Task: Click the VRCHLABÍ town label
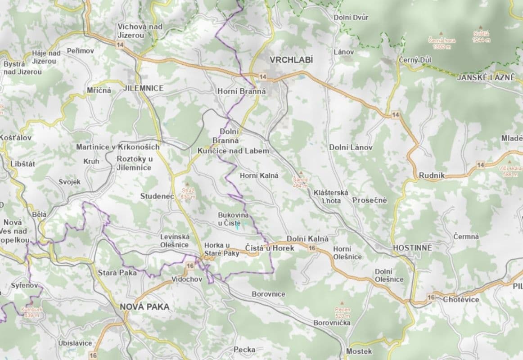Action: [291, 59]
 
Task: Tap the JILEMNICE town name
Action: [144, 88]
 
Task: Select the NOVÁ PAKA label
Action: [144, 307]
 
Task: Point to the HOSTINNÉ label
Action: [412, 248]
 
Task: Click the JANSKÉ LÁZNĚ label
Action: [485, 77]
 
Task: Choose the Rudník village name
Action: [431, 175]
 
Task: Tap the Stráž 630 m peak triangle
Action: [188, 184]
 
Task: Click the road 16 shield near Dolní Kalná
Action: [312, 248]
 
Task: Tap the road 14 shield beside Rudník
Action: [481, 165]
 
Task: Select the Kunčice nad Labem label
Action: [233, 151]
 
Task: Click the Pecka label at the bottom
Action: [244, 349]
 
